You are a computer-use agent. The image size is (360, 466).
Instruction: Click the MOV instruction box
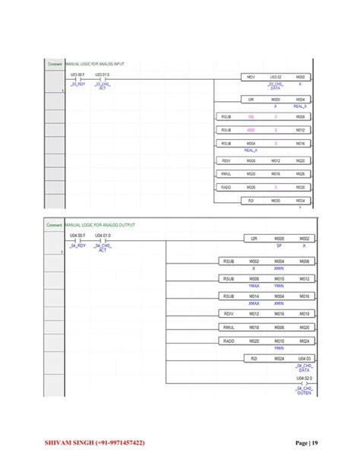(x=251, y=78)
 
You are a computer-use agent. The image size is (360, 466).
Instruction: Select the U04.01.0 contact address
(x=103, y=236)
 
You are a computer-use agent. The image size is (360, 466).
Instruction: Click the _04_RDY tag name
(x=77, y=246)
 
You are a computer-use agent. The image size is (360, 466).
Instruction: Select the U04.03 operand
(x=304, y=357)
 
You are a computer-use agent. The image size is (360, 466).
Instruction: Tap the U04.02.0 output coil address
(x=304, y=376)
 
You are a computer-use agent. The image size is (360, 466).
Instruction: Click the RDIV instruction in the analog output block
(x=228, y=313)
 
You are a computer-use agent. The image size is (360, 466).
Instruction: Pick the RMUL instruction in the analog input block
(x=226, y=174)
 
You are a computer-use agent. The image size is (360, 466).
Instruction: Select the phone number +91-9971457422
(x=130, y=441)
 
